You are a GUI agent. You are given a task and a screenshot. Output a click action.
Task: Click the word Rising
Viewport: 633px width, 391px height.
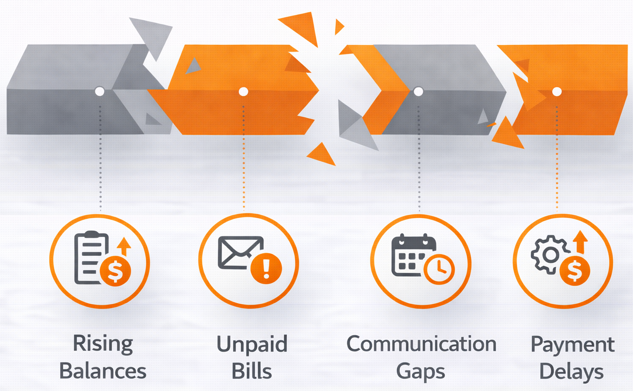[103, 344]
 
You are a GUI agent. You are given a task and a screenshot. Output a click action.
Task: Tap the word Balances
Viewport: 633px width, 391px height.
[102, 371]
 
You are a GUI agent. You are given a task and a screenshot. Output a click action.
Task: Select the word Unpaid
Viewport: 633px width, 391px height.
[252, 344]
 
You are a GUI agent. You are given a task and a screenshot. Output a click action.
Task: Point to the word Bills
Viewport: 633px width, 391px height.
[252, 371]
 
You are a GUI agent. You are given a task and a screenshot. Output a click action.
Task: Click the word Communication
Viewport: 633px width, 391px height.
[421, 344]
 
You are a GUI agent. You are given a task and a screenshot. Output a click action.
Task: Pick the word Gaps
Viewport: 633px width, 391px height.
[420, 372]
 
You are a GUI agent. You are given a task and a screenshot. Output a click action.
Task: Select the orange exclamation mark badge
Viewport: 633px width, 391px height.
[266, 268]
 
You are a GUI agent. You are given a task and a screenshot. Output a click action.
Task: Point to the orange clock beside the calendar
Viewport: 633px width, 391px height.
[439, 269]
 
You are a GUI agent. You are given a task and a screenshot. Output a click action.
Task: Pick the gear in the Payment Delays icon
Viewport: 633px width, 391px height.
[550, 255]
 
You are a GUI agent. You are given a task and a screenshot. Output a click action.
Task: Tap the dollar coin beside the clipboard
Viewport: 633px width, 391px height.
[115, 271]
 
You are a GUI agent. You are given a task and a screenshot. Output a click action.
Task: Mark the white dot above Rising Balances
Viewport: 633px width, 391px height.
[100, 91]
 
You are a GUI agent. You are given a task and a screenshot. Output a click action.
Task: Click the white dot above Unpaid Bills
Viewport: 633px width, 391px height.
[243, 91]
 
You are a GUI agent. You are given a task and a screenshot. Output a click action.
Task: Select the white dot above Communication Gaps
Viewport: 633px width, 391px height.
[418, 91]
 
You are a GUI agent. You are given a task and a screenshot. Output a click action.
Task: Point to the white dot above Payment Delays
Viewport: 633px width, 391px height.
[557, 91]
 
